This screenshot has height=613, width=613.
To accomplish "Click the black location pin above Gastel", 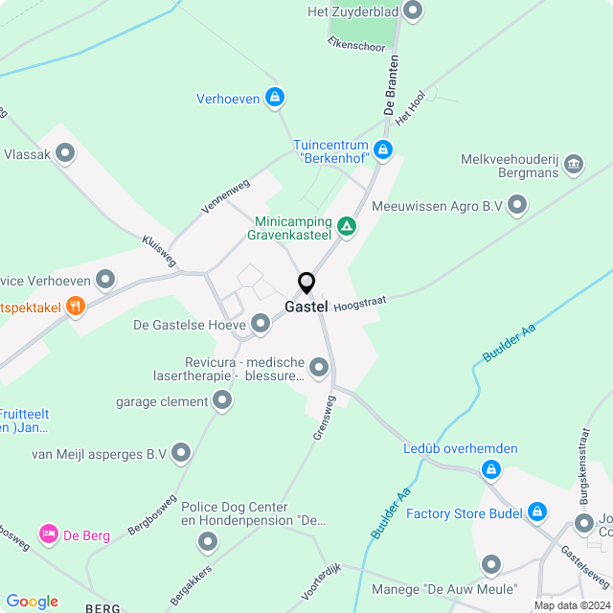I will (306, 284).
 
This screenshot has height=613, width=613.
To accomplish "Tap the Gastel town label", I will (306, 307).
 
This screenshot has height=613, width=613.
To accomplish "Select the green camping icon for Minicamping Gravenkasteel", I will (347, 227).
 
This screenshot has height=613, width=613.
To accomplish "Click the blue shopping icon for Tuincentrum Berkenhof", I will (383, 149).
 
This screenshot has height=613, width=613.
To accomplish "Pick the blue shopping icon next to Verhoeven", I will (275, 97).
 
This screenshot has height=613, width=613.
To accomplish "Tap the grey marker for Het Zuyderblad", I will (413, 11).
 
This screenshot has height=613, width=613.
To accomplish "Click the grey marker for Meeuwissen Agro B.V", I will (518, 204).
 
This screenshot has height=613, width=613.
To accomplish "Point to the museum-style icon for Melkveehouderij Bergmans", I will (574, 164).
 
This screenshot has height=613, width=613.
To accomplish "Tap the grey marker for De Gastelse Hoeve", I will (260, 323).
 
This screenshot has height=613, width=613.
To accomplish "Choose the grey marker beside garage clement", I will (222, 401).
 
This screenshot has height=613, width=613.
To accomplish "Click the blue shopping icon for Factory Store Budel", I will (537, 512).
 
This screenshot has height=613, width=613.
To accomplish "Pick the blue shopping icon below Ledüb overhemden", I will (490, 469).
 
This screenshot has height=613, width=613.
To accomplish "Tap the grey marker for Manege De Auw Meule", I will (491, 565).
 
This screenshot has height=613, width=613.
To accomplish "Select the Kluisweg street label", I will (159, 250).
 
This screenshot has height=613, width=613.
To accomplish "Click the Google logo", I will (33, 602).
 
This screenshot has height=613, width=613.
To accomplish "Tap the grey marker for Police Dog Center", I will (208, 543).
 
